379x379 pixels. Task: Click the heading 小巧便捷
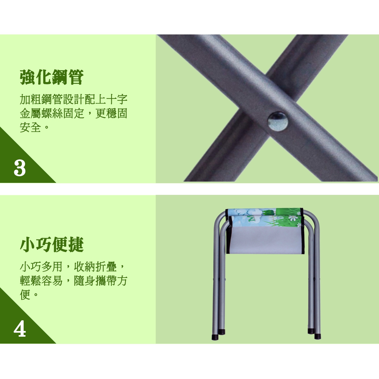click(x=52, y=244)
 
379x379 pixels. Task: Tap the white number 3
click(x=20, y=168)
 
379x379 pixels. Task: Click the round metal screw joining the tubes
click(x=278, y=121)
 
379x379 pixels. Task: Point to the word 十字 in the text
click(x=117, y=99)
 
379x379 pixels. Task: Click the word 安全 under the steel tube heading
click(x=30, y=128)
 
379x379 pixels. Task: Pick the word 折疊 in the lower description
click(x=106, y=267)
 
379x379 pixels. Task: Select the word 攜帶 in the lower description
click(x=106, y=281)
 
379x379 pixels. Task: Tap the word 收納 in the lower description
click(x=85, y=267)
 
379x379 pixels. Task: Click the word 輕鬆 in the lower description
click(x=30, y=281)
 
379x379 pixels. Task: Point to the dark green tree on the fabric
click(x=268, y=212)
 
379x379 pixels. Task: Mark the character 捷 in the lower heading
click(x=76, y=244)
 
